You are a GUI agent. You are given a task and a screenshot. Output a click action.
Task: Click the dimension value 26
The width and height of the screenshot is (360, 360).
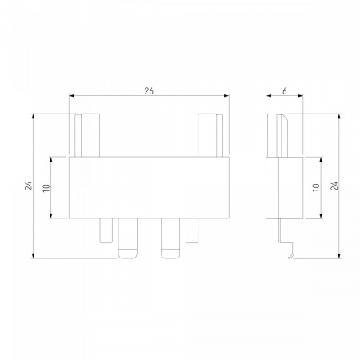point(149,91)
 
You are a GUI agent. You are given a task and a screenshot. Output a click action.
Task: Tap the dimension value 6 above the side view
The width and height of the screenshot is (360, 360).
point(285,91)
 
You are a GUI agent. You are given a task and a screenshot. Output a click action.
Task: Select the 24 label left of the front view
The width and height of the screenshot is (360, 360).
point(28,186)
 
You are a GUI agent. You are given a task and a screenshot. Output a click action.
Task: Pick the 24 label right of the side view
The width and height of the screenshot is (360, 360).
point(334,186)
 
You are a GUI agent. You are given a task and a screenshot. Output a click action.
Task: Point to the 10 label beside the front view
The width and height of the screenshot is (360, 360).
point(46,188)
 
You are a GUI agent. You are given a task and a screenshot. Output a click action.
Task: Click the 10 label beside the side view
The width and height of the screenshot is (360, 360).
point(316,187)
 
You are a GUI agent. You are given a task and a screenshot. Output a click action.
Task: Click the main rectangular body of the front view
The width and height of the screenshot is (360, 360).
point(149,187)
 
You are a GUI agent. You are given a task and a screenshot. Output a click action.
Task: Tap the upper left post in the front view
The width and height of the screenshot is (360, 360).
point(87,135)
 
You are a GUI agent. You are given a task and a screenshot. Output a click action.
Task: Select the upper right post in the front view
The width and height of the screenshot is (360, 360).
point(210,135)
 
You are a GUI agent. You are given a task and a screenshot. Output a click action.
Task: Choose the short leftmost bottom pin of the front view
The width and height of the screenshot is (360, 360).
point(106,230)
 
